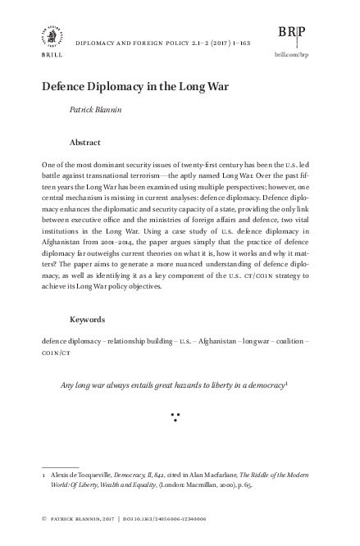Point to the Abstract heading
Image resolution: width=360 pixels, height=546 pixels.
click(87, 140)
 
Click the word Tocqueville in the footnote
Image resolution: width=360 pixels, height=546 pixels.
click(92, 474)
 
